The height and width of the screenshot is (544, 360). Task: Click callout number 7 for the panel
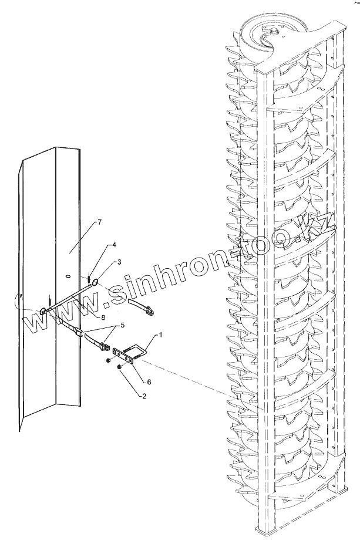(99, 222)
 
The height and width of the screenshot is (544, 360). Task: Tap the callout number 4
(114, 245)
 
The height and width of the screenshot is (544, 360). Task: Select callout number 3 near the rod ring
(120, 262)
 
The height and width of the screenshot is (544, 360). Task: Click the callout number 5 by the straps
(122, 325)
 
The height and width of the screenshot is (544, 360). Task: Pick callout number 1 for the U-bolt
(158, 335)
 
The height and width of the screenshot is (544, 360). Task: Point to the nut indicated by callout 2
(119, 367)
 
